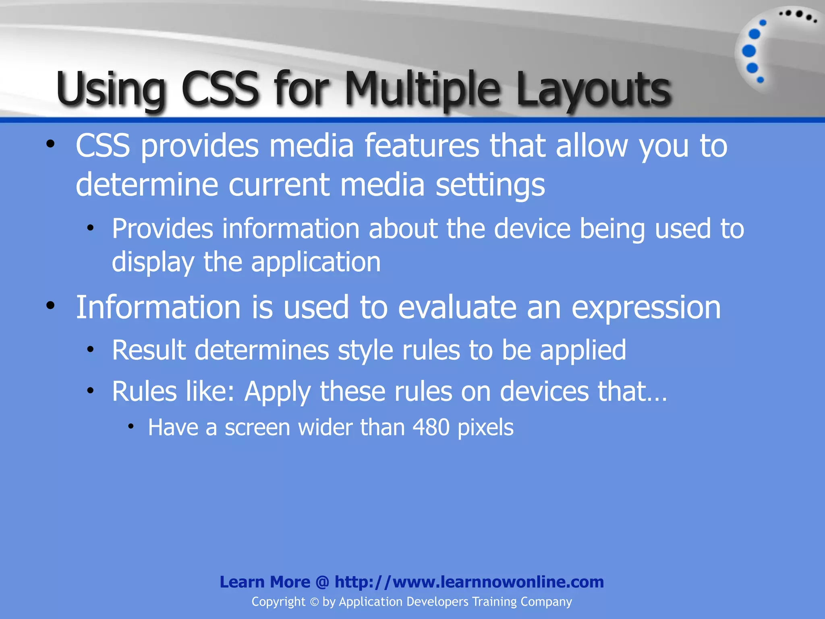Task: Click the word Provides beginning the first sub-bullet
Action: tap(162, 229)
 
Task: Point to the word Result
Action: tap(149, 350)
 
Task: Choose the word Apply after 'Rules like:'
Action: tap(278, 392)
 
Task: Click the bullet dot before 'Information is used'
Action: tap(50, 305)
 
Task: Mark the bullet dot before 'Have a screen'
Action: tap(131, 426)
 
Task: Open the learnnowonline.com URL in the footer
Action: tap(469, 582)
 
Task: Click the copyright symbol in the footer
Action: tap(314, 602)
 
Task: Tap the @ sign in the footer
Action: tap(322, 582)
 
